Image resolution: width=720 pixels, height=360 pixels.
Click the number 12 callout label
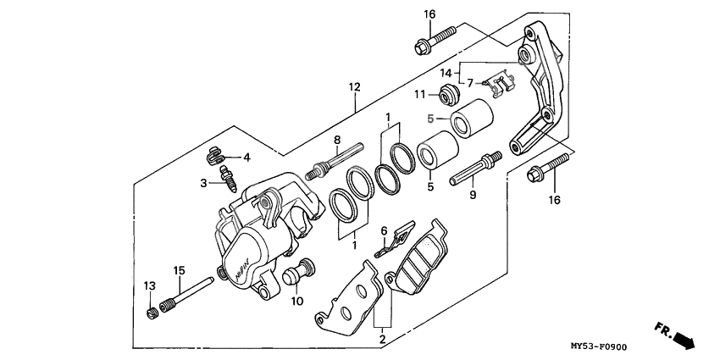pos(354,87)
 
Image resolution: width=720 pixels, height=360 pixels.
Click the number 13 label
pos(150,284)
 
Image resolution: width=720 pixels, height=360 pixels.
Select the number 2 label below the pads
pos(382,339)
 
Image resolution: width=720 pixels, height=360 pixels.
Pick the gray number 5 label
pos(430,119)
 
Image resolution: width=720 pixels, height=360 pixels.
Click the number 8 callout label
pos(336,140)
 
